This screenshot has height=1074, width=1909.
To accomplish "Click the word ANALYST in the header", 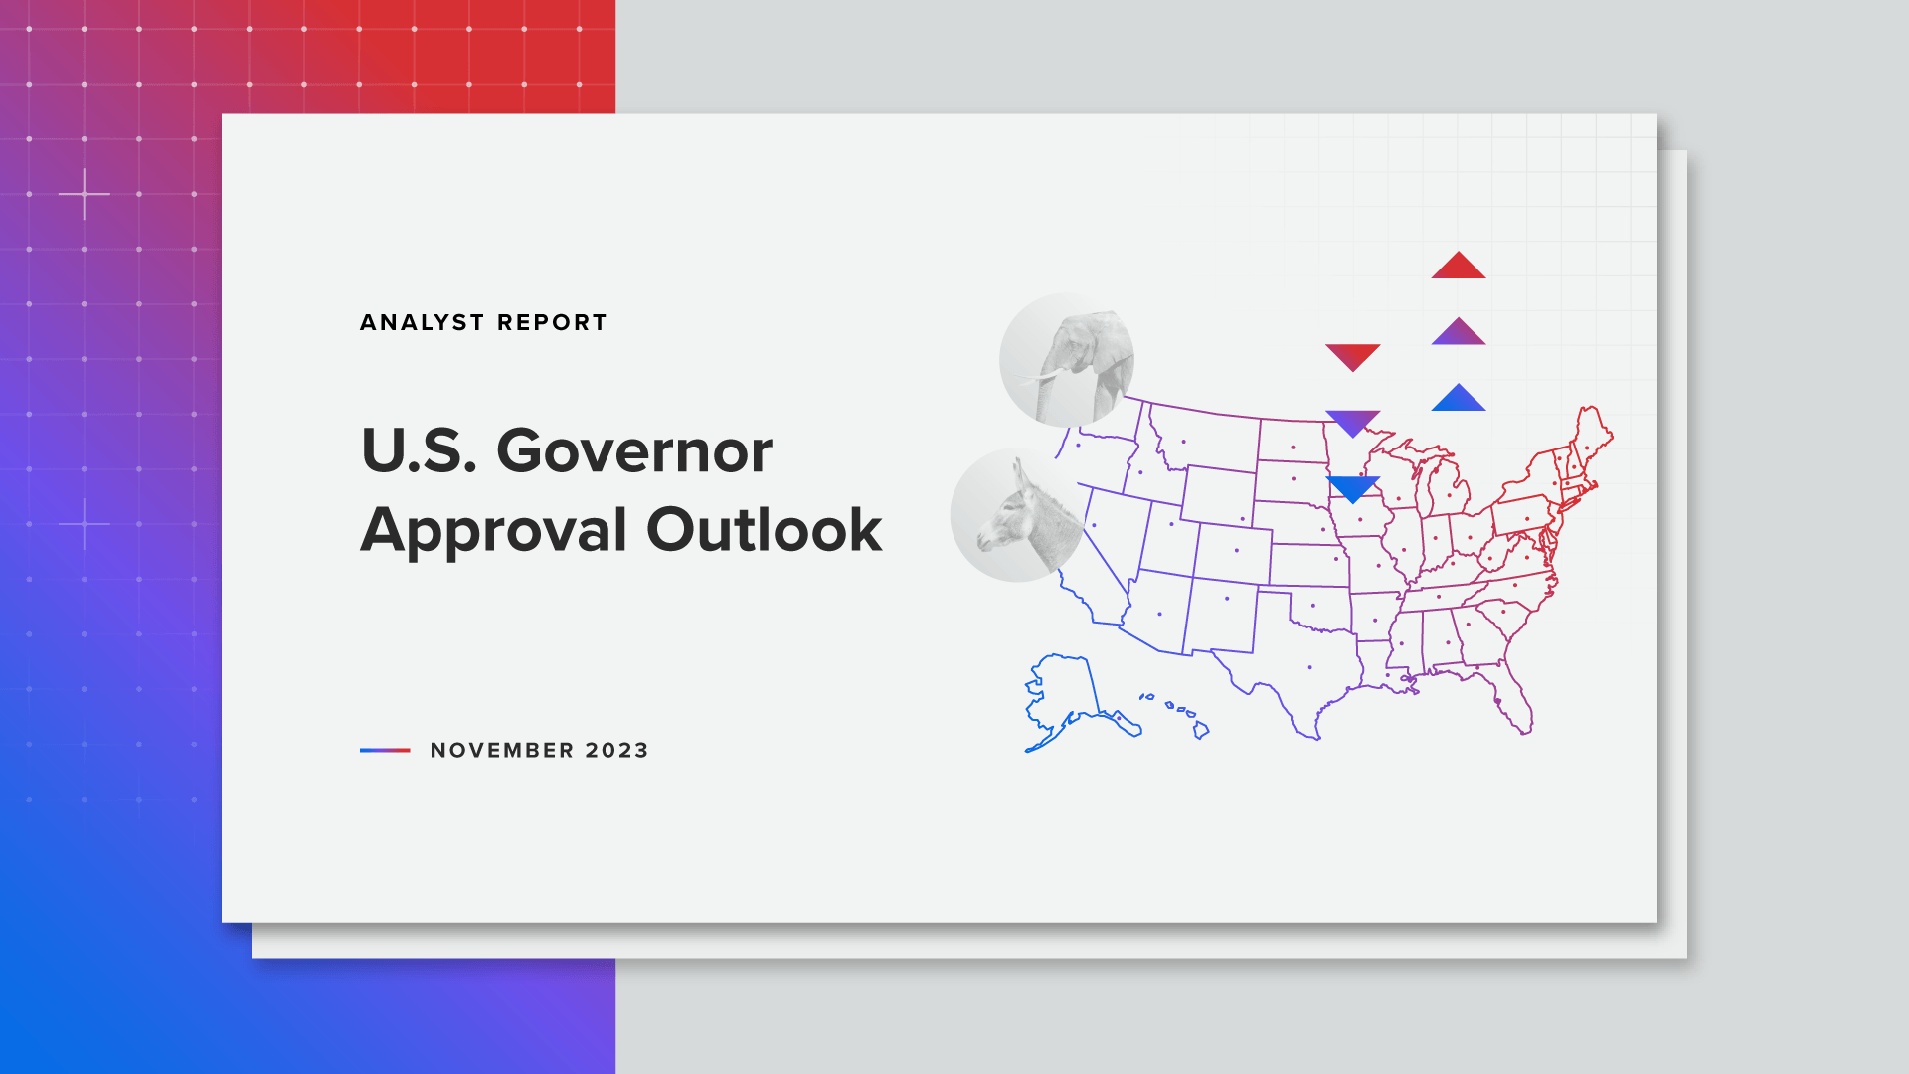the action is pyautogui.click(x=422, y=322).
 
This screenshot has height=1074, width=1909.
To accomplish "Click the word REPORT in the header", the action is pyautogui.click(x=552, y=322).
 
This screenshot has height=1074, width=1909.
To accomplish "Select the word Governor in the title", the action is pyautogui.click(x=634, y=450).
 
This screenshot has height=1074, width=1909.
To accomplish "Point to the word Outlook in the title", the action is pyautogui.click(x=765, y=529).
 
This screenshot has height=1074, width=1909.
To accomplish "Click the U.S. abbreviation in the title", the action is pyautogui.click(x=419, y=450).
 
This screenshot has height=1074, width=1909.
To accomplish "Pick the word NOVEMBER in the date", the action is pyautogui.click(x=502, y=750).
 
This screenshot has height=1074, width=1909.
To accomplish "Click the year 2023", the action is pyautogui.click(x=616, y=750).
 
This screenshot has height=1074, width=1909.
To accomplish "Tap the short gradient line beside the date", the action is pyautogui.click(x=385, y=750).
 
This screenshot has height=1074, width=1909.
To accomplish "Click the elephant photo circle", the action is pyautogui.click(x=1067, y=360).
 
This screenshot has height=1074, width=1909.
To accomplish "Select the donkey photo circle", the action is pyautogui.click(x=1018, y=514).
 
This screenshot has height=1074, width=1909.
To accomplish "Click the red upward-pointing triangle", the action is pyautogui.click(x=1459, y=266).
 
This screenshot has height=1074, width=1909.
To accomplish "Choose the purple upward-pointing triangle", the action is pyautogui.click(x=1459, y=332).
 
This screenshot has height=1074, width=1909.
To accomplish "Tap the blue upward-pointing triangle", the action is pyautogui.click(x=1459, y=398).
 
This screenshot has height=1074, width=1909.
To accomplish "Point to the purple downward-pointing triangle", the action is pyautogui.click(x=1353, y=423).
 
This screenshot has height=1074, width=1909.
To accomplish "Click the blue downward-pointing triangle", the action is pyautogui.click(x=1353, y=488).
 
